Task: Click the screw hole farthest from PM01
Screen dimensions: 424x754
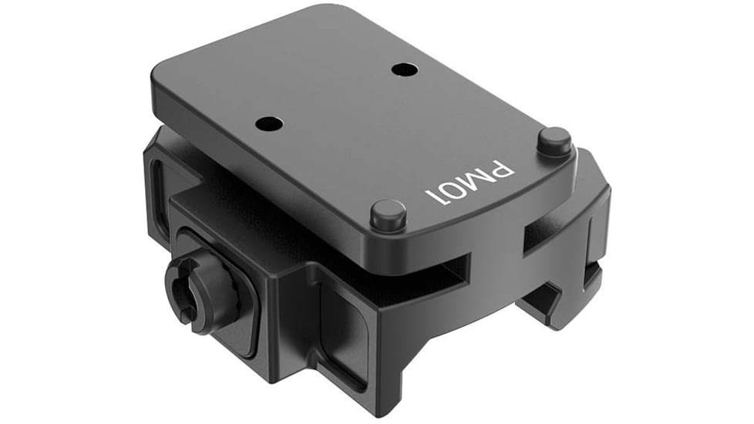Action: [403, 69]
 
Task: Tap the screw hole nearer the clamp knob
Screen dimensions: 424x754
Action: [269, 123]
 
